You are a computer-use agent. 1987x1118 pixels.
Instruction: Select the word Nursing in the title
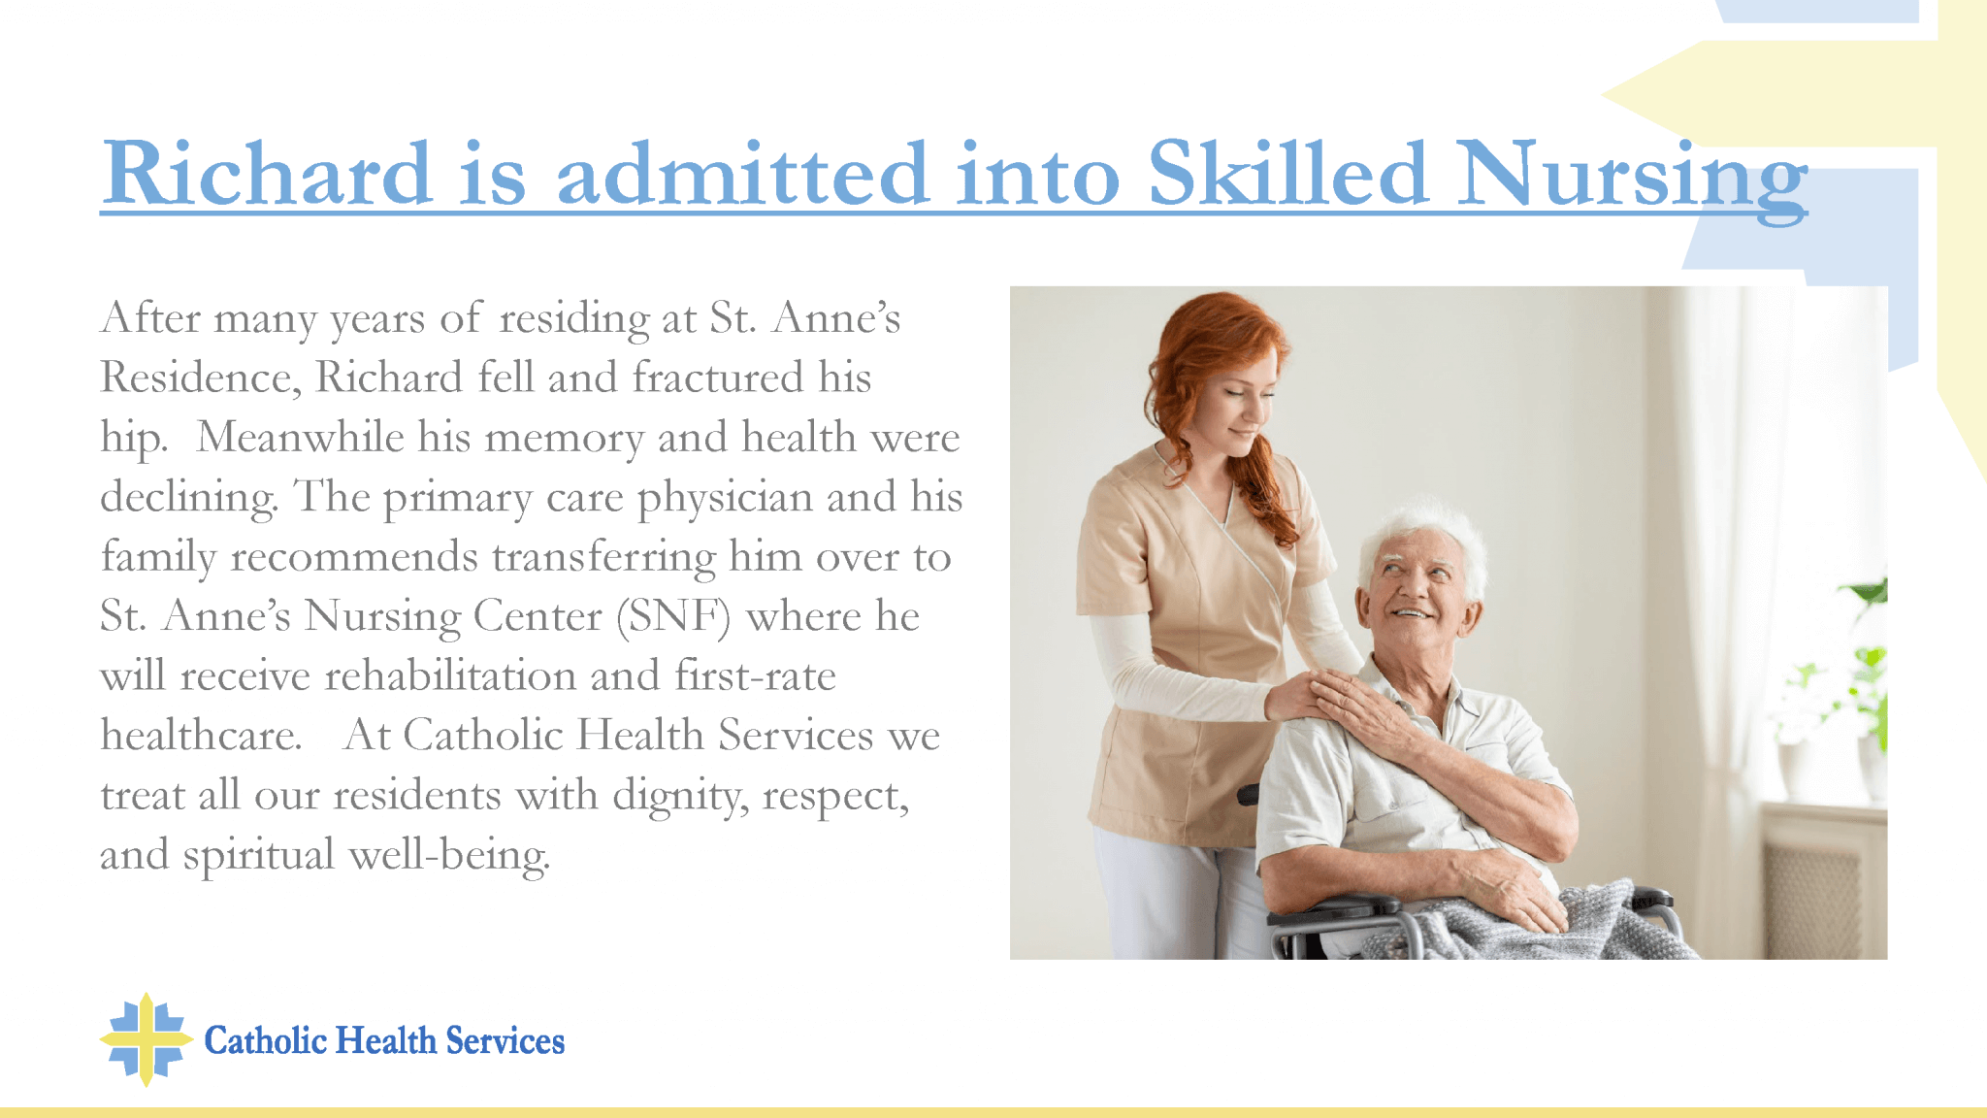pos(1632,180)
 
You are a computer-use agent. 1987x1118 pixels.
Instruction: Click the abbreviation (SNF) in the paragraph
pos(673,616)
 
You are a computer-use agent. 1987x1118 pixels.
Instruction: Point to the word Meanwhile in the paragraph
pos(300,437)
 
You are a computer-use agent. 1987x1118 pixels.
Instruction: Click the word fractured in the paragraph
pos(718,378)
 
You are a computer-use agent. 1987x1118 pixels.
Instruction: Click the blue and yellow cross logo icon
pos(146,1039)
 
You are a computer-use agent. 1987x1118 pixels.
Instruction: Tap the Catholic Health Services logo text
pos(384,1040)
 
